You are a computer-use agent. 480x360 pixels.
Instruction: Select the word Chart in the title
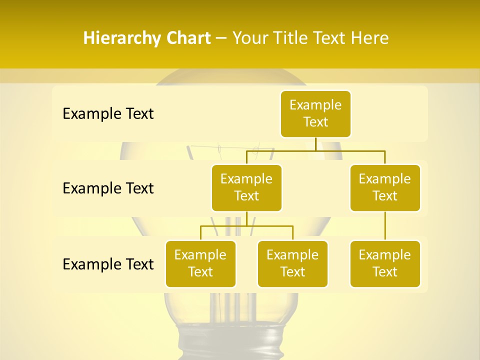click(188, 38)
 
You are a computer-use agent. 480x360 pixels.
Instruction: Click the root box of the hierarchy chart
click(315, 114)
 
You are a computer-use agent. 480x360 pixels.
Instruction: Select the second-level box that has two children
click(246, 187)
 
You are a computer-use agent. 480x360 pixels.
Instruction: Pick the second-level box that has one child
click(385, 187)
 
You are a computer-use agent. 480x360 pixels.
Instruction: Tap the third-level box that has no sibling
click(385, 263)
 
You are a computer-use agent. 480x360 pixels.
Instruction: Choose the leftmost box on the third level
click(200, 263)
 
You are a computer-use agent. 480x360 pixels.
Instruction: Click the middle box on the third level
click(292, 263)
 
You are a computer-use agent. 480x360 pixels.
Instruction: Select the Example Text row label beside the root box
click(108, 114)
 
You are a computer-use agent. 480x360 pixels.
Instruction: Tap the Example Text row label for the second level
click(108, 188)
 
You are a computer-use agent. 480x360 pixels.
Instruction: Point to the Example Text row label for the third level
click(108, 264)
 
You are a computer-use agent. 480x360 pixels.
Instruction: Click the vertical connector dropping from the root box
click(315, 144)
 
